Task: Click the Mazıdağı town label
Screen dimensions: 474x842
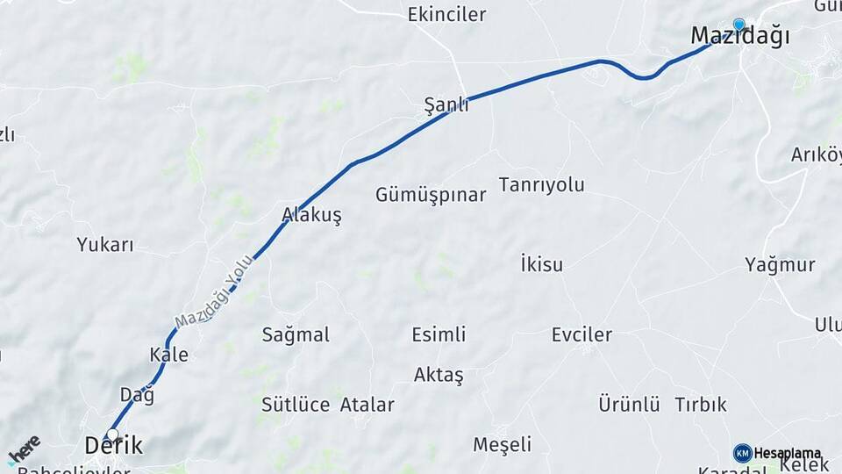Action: pyautogui.click(x=739, y=36)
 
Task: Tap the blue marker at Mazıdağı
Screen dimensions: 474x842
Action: pyautogui.click(x=739, y=25)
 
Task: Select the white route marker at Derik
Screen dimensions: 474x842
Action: pyautogui.click(x=111, y=434)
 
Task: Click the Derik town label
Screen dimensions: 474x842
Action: pyautogui.click(x=113, y=446)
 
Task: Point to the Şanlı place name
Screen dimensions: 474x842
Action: pyautogui.click(x=446, y=105)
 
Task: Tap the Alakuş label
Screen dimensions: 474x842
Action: pyautogui.click(x=311, y=214)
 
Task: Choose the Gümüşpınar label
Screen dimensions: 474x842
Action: pyautogui.click(x=431, y=195)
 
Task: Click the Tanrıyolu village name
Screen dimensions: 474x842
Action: pyautogui.click(x=541, y=184)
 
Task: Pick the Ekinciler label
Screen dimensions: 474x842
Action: pyautogui.click(x=446, y=14)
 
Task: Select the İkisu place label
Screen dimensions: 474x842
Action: pyautogui.click(x=541, y=264)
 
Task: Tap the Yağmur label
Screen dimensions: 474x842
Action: pyautogui.click(x=780, y=264)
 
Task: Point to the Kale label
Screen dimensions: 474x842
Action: pyautogui.click(x=168, y=355)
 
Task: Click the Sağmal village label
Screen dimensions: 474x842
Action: pyautogui.click(x=296, y=334)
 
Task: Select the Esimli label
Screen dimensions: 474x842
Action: pyautogui.click(x=439, y=334)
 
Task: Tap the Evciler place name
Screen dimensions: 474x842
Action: pyautogui.click(x=582, y=334)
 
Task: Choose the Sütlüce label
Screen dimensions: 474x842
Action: pyautogui.click(x=296, y=405)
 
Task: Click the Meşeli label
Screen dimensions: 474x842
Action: pyautogui.click(x=502, y=444)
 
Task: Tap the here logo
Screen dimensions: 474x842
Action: pyautogui.click(x=24, y=449)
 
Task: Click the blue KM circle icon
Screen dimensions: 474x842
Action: pyautogui.click(x=742, y=453)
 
